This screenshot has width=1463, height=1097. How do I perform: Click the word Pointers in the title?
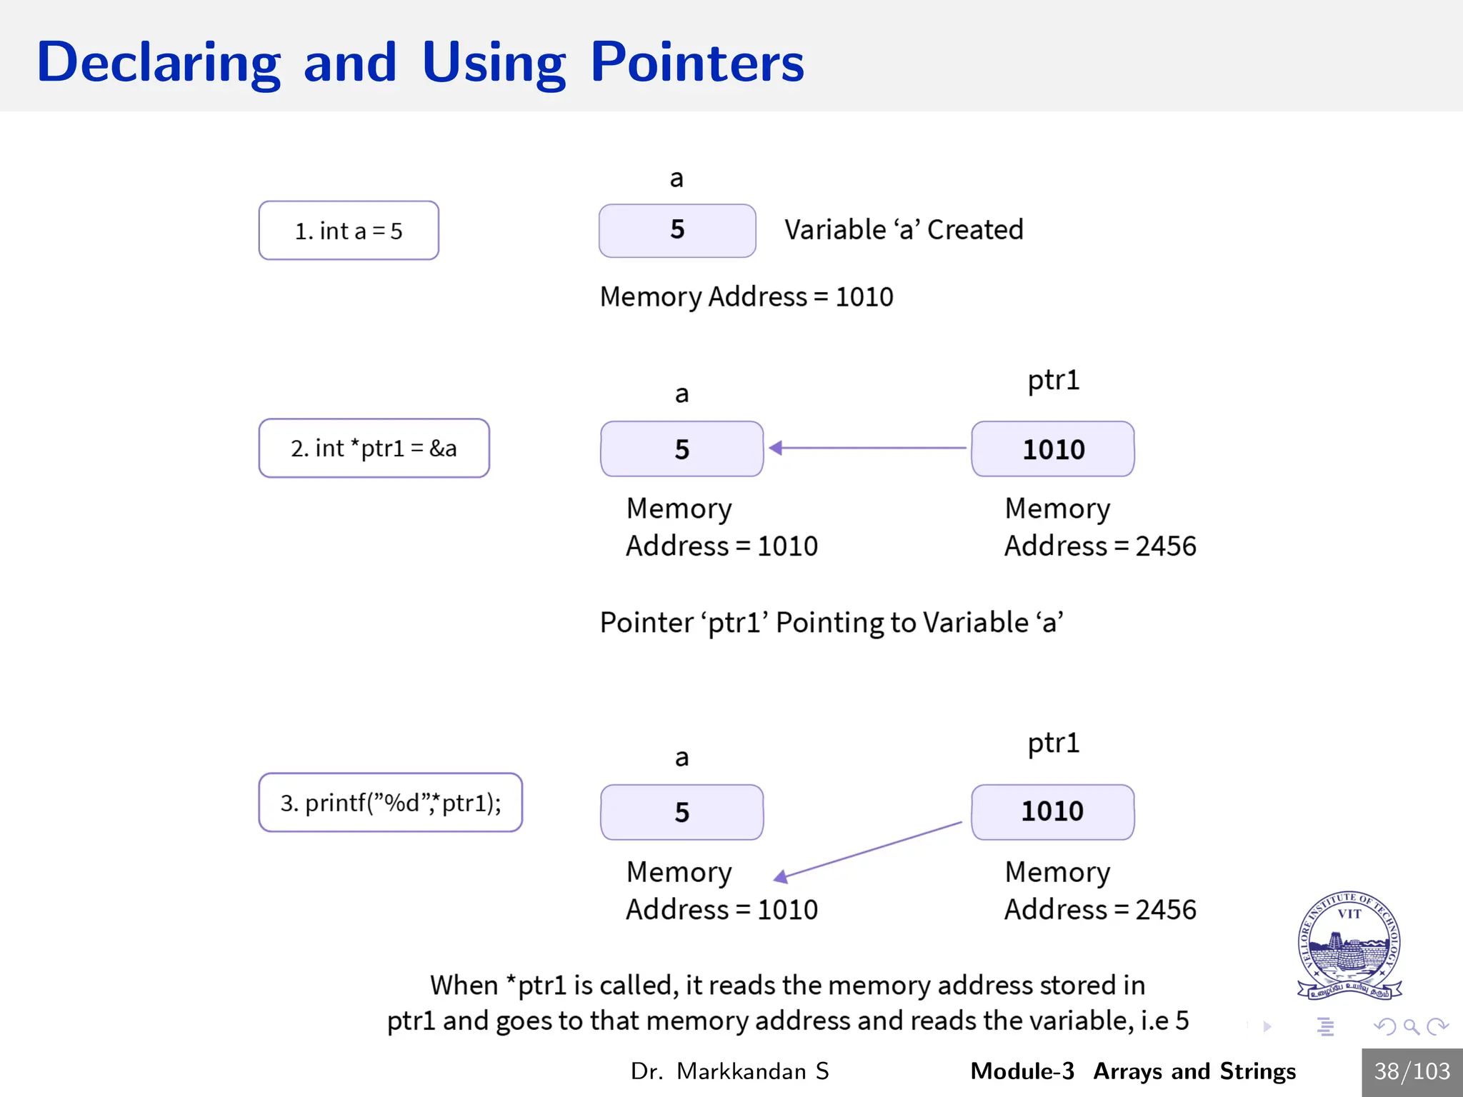pos(696,63)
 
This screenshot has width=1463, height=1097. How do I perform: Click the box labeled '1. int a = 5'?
pos(349,231)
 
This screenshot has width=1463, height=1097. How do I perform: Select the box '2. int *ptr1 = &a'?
pos(374,449)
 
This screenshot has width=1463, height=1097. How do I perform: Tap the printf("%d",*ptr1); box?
pos(390,803)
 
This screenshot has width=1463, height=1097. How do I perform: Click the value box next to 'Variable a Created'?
pos(676,230)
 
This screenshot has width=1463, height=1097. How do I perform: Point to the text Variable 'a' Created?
pos(904,230)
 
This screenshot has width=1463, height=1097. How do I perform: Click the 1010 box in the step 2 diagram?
pos(1052,449)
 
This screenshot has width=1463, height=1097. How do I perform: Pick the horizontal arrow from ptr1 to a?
pos(868,448)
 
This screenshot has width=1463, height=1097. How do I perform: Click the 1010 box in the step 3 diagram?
pos(1052,812)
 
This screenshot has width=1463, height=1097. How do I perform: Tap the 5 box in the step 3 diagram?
pos(681,812)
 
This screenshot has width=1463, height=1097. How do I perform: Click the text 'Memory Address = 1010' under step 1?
pos(747,296)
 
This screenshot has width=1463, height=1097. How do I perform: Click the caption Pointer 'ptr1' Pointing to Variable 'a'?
pos(831,623)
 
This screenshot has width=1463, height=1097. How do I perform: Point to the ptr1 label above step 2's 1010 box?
pos(1053,380)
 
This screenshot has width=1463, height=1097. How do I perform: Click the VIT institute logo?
pos(1349,945)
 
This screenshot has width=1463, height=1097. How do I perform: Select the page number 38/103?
pos(1412,1071)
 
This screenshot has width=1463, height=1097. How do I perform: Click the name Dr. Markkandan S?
pos(729,1071)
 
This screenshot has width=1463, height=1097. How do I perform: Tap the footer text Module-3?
pos(1022,1071)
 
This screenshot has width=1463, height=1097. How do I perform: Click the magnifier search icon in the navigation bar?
pos(1411,1027)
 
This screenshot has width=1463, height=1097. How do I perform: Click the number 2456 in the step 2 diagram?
pos(1166,546)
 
